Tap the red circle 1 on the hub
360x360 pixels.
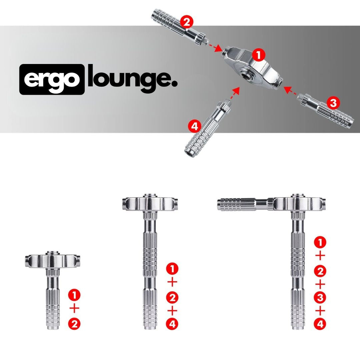[x=259, y=55]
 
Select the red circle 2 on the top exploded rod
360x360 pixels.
[x=187, y=22]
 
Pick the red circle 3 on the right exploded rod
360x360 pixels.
[x=333, y=103]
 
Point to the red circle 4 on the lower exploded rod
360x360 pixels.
[x=194, y=126]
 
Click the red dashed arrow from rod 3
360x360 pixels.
[x=290, y=91]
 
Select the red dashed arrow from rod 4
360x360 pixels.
[x=235, y=93]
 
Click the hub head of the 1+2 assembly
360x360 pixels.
[x=52, y=260]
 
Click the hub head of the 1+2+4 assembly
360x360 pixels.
[x=150, y=203]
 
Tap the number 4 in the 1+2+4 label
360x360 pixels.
[x=172, y=324]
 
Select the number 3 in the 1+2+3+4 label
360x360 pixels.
[x=320, y=298]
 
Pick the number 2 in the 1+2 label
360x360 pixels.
[x=74, y=324]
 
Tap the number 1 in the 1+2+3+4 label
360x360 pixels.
[x=320, y=242]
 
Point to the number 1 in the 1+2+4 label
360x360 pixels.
[x=172, y=269]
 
